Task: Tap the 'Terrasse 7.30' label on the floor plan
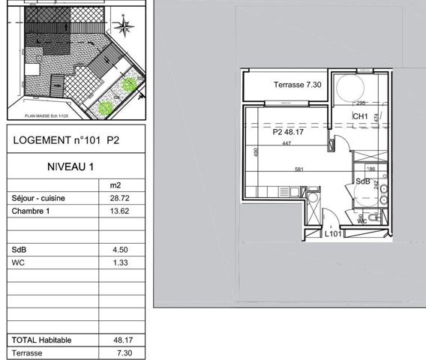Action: [x=297, y=85]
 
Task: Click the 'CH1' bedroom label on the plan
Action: [x=360, y=117]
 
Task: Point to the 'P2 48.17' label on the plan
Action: [x=288, y=132]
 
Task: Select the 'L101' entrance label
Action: [x=334, y=234]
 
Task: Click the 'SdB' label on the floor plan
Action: [x=363, y=181]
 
